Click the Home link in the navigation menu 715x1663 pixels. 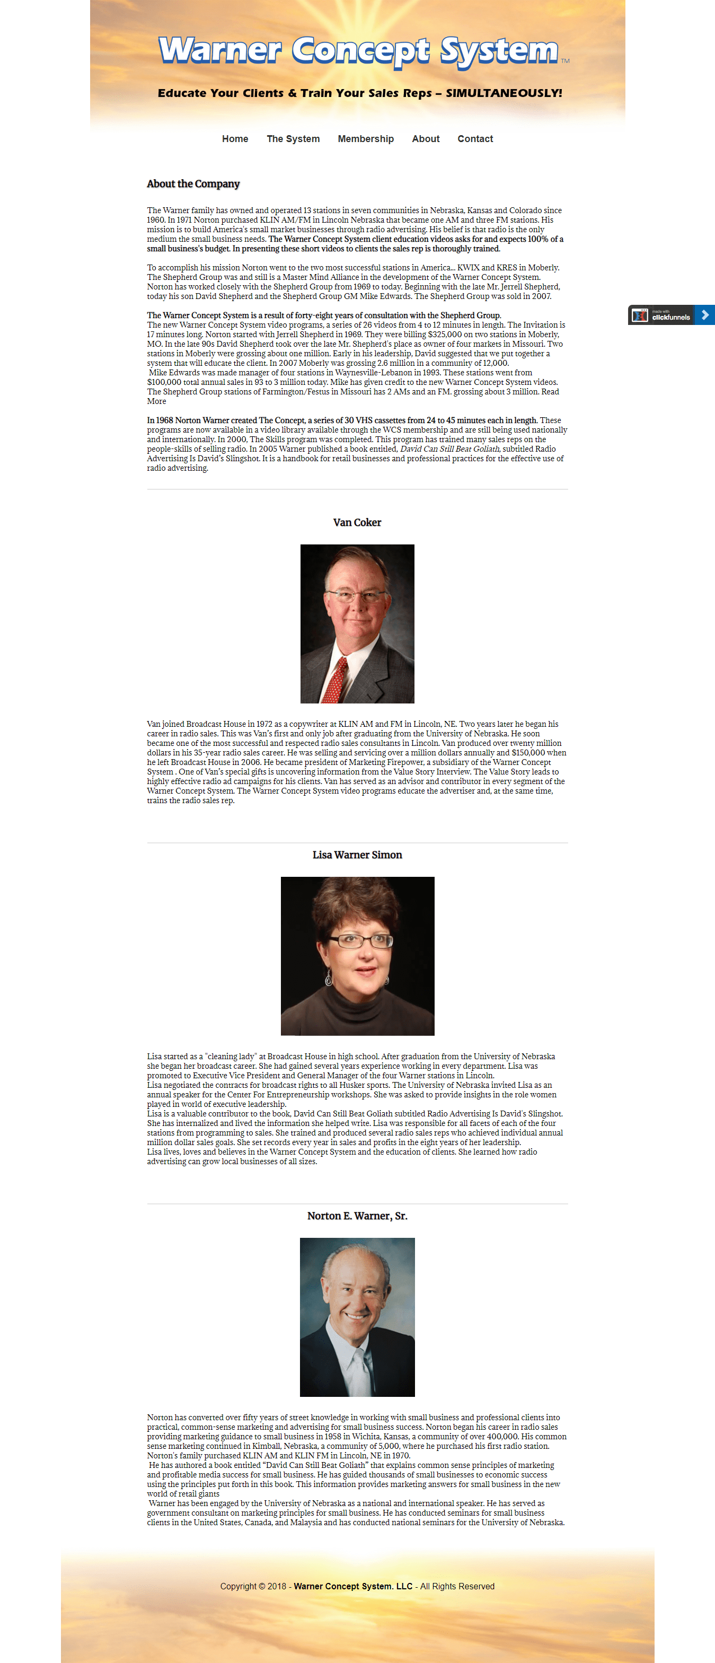point(235,139)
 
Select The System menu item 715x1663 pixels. point(293,139)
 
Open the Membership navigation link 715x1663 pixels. point(365,139)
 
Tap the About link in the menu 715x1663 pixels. point(425,139)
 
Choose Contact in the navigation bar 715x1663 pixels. point(475,139)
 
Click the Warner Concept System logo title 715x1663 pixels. point(358,51)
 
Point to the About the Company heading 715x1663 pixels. point(193,184)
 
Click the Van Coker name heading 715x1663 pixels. point(357,522)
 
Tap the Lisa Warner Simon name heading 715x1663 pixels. point(357,855)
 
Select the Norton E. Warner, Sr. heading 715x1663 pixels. point(357,1216)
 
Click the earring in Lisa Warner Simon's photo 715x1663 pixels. point(329,980)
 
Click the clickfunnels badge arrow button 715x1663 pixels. point(705,314)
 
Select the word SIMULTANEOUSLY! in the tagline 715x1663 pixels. point(504,93)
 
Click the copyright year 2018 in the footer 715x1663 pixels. point(277,1586)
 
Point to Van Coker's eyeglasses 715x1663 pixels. point(356,595)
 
